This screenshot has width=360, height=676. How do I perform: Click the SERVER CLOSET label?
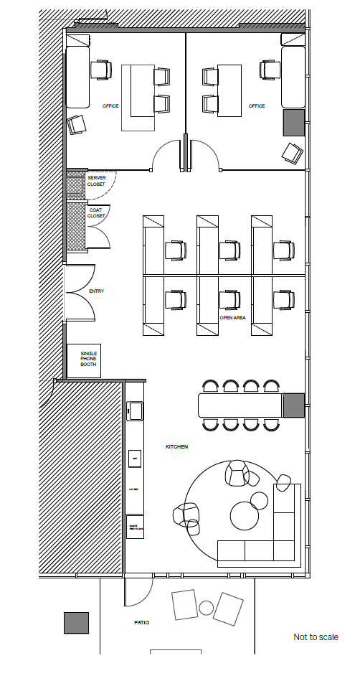pos(96,180)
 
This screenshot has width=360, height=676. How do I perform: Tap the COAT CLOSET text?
pos(96,212)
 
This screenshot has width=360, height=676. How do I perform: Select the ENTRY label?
pos(96,291)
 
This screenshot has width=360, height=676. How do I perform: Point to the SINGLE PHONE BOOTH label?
pos(88,359)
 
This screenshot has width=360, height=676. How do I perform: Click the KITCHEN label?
pos(176,447)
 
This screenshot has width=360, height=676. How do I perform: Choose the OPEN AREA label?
pos(233,317)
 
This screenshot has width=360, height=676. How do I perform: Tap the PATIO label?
pos(141,622)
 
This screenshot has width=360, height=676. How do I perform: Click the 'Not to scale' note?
pos(316,637)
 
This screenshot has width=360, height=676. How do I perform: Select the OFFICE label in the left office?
pos(110,106)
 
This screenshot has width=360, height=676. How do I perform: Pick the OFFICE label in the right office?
pos(257,106)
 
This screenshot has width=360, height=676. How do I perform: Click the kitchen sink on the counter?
pos(134,410)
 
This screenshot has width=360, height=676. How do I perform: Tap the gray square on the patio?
pos(76,623)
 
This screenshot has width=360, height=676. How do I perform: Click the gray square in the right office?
pos(294,123)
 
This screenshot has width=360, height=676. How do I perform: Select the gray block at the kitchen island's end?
pos(294,405)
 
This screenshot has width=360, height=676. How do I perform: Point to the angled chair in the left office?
pos(76,125)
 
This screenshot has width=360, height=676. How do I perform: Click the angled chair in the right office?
pos(292,152)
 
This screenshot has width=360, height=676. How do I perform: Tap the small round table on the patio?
pos(207,608)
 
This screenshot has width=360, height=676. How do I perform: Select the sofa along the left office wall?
pos(77,78)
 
